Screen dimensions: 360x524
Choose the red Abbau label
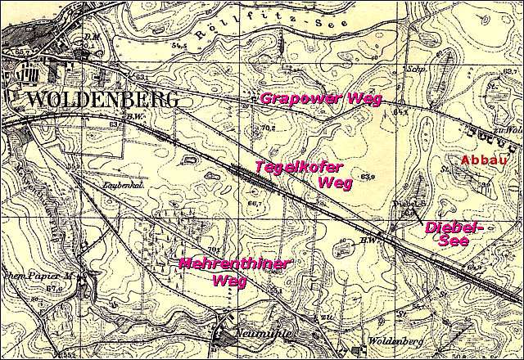pos(480,160)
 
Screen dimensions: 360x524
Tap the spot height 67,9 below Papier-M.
pos(54,289)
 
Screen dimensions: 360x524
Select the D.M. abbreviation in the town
pos(90,37)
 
